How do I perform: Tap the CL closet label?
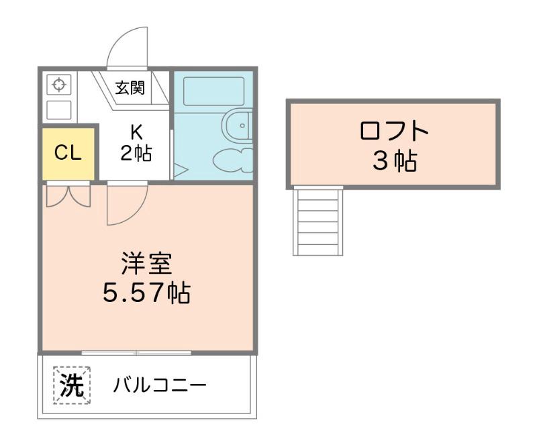[x=68, y=153]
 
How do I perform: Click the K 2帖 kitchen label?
[x=136, y=144]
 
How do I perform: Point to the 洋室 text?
[x=146, y=262]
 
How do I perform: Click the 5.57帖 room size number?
[x=146, y=293]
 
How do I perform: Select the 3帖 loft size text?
[x=394, y=161]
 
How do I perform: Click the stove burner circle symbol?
[x=58, y=85]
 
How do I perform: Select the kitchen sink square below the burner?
[x=59, y=110]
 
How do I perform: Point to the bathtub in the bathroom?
[x=213, y=91]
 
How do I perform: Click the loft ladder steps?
[x=318, y=221]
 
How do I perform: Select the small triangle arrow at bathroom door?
[x=180, y=170]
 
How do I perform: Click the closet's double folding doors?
[x=68, y=195]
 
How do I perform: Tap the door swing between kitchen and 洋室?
[x=126, y=205]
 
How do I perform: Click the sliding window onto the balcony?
[x=136, y=352]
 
